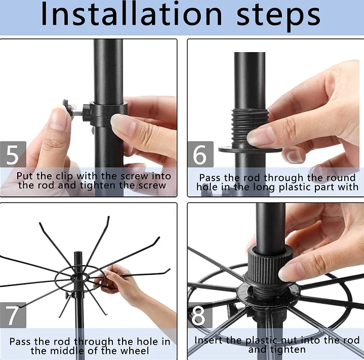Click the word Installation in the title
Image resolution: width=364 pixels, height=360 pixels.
point(132,14)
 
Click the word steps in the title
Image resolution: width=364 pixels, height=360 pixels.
point(278,17)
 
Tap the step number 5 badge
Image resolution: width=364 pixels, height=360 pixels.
point(13,154)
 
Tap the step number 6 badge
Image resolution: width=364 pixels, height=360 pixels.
point(200,154)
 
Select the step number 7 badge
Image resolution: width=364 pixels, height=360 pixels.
point(13,315)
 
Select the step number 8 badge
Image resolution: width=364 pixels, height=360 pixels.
point(199,315)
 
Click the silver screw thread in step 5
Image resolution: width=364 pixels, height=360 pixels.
point(77,112)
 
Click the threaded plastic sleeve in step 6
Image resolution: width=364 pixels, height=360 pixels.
point(250,127)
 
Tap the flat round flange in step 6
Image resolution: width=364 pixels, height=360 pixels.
point(250,149)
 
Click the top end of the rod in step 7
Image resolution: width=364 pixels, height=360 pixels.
point(78,252)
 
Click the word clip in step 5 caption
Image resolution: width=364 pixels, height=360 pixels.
point(64,176)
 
